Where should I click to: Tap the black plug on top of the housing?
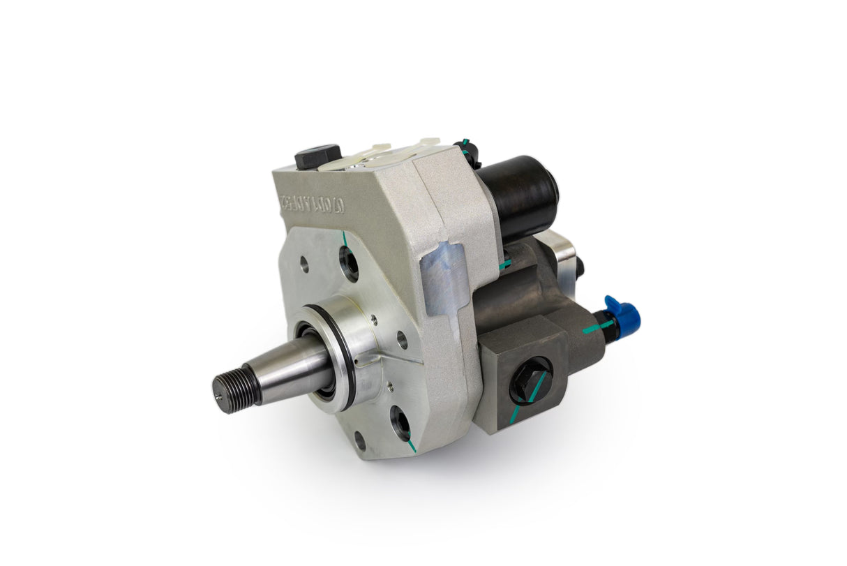[317, 156]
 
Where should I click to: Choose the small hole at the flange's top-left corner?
[304, 265]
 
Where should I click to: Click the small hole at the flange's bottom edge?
[360, 441]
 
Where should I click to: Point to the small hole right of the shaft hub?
[402, 340]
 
